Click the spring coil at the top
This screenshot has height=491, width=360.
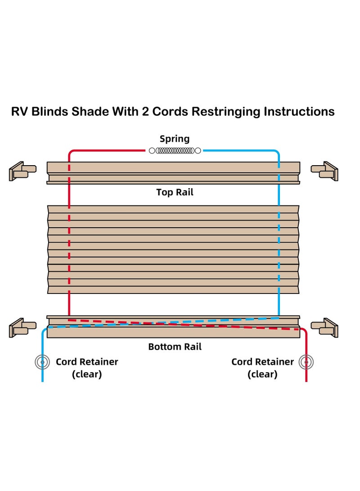(175, 151)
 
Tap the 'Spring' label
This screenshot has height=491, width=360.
(175, 139)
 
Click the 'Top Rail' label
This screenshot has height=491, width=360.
(175, 192)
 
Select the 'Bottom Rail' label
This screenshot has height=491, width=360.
(175, 347)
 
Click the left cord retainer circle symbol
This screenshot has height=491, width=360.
(42, 362)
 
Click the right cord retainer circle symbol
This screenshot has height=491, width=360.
(306, 362)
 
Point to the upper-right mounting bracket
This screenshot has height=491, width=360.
(324, 171)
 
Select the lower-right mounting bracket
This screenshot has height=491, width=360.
(324, 327)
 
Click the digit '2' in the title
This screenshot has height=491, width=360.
(145, 112)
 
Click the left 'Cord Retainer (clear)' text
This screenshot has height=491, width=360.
(87, 368)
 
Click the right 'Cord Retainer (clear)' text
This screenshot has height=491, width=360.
(262, 368)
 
